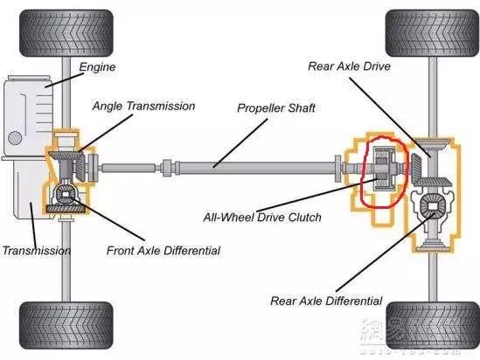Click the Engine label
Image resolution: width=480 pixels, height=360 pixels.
point(97,67)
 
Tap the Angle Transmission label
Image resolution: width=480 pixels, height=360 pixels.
point(143,106)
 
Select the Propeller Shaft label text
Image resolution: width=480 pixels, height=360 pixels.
point(276,108)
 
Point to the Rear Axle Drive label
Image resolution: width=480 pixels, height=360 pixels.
point(349,66)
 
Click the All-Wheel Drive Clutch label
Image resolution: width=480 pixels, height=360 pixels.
point(262,218)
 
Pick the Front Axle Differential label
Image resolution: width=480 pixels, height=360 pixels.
point(163,251)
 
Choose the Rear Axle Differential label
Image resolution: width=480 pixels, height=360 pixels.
point(326,301)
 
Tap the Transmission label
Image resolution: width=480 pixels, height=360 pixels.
point(37,251)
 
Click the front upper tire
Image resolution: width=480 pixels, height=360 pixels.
point(66,33)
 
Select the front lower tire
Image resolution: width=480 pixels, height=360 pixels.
point(66,325)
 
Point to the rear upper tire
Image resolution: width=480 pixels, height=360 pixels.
point(432,33)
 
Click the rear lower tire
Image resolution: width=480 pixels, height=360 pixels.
point(432,325)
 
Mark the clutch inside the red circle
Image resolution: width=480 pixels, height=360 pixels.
point(385,167)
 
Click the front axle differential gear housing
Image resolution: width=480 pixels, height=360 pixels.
point(66,195)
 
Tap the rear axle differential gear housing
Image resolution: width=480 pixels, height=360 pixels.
point(432,207)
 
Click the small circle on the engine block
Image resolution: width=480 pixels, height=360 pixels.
point(15,138)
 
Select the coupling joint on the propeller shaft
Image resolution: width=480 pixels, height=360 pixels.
point(169,168)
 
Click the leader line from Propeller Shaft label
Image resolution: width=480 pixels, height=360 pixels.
point(240,143)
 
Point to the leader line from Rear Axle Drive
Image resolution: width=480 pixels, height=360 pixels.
point(391,117)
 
